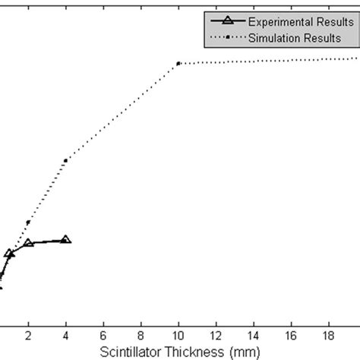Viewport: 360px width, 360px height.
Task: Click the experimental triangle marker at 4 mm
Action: [x=66, y=239]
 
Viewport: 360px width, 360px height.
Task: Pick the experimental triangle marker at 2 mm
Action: [x=29, y=243]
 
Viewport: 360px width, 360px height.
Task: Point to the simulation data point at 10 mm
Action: [x=178, y=63]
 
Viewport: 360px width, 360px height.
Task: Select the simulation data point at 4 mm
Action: [x=66, y=160]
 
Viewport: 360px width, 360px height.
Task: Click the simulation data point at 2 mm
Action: [x=29, y=222]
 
